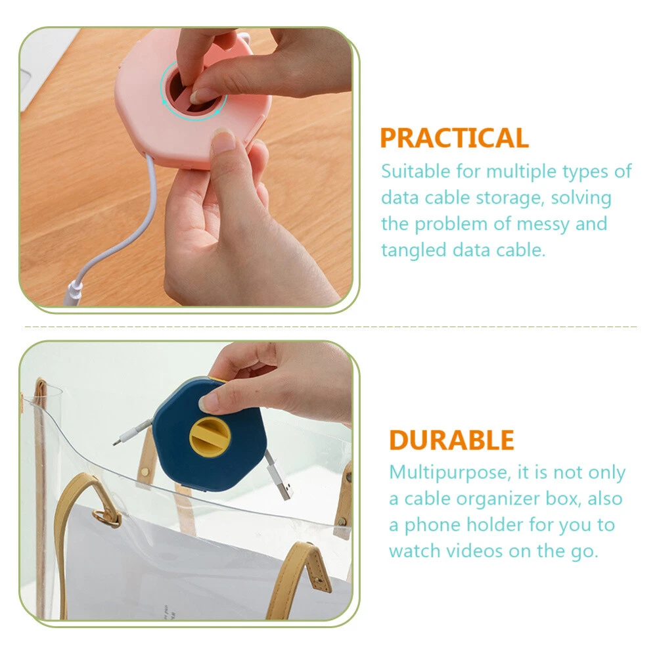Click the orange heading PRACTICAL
(454, 138)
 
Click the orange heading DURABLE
(452, 440)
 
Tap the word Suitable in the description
(415, 171)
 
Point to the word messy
(543, 225)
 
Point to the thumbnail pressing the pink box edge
(223, 140)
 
